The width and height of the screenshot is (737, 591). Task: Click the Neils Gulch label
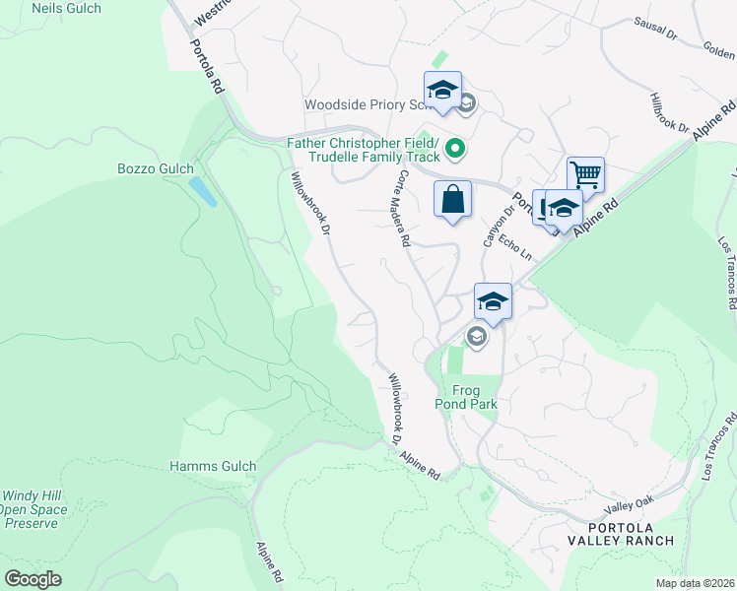66,8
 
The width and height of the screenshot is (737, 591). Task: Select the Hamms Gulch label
213,466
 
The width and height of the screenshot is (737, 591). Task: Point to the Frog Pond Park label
466,397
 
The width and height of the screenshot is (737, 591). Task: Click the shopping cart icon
585,176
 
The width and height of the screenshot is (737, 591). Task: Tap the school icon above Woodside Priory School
443,90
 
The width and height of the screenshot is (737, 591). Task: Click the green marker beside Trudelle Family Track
455,150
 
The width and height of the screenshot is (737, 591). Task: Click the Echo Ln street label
515,247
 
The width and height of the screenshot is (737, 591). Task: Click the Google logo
33,579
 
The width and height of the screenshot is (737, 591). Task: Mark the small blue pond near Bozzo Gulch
202,191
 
